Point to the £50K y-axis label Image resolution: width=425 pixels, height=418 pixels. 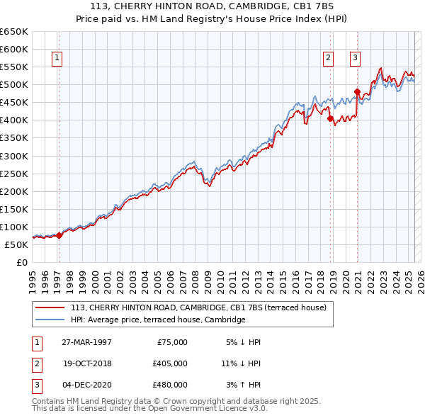(16, 244)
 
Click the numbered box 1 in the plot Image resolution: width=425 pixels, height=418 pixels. (57, 59)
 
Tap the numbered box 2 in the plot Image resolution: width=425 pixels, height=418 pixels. (329, 59)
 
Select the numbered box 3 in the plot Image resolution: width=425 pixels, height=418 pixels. (355, 59)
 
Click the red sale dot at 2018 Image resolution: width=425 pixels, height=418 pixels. (330, 118)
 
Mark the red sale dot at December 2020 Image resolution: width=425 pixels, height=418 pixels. (357, 91)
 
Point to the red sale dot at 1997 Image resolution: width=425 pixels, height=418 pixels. (59, 236)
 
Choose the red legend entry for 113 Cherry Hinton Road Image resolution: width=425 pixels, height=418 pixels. (198, 307)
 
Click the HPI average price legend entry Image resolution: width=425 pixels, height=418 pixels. (158, 320)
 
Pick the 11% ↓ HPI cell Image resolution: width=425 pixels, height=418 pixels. (241, 363)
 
